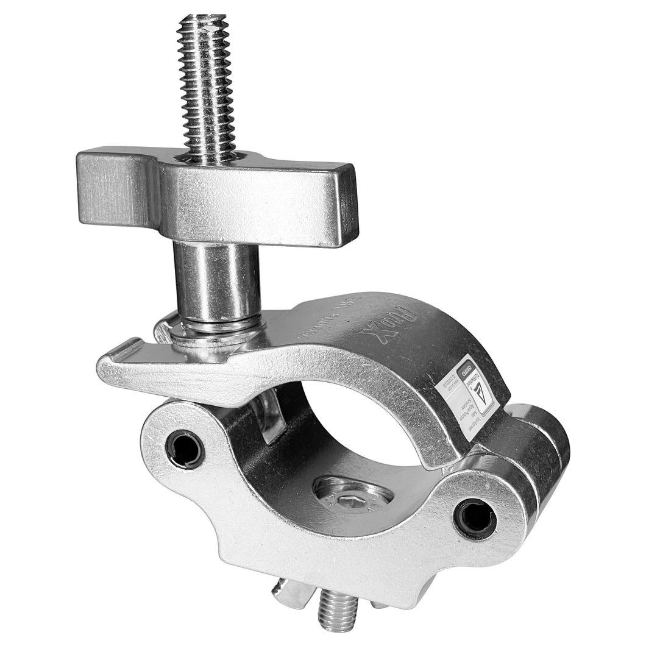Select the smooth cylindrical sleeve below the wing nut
coord(217,280)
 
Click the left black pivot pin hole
coord(185,450)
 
